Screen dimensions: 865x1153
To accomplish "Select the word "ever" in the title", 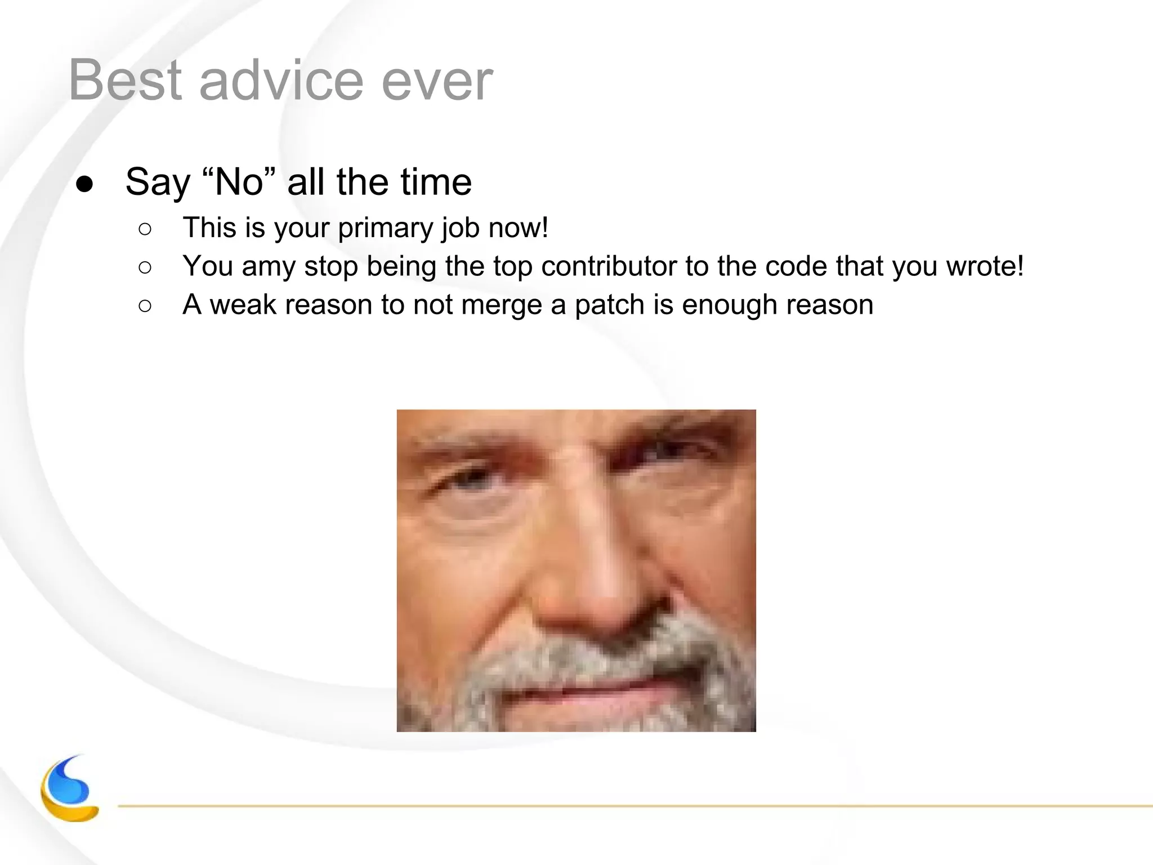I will [x=437, y=82].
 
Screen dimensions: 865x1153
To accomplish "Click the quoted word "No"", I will [x=239, y=182].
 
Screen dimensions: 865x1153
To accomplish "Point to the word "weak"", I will [x=243, y=305].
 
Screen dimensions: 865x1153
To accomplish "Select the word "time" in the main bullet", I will [x=436, y=182].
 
